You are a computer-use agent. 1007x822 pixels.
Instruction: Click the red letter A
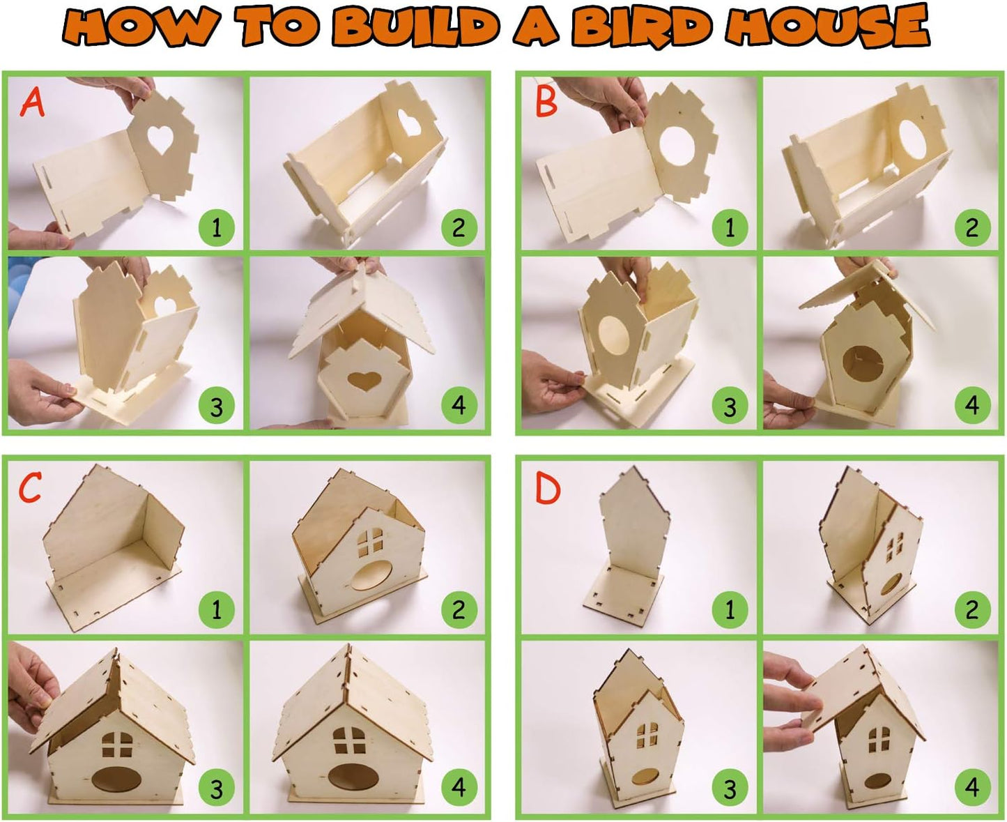(32, 102)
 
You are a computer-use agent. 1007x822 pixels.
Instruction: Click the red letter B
(546, 102)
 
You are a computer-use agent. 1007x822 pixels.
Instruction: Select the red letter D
(547, 489)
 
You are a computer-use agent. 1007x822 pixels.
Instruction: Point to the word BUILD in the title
(416, 26)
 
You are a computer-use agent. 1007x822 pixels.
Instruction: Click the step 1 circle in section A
(216, 227)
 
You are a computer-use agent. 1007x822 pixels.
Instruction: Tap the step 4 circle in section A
(459, 405)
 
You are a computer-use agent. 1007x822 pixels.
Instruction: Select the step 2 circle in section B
(972, 227)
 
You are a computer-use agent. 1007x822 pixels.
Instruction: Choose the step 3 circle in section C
(216, 789)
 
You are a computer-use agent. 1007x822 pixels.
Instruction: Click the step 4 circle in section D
(972, 789)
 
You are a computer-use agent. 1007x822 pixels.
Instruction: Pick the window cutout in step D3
(647, 733)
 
